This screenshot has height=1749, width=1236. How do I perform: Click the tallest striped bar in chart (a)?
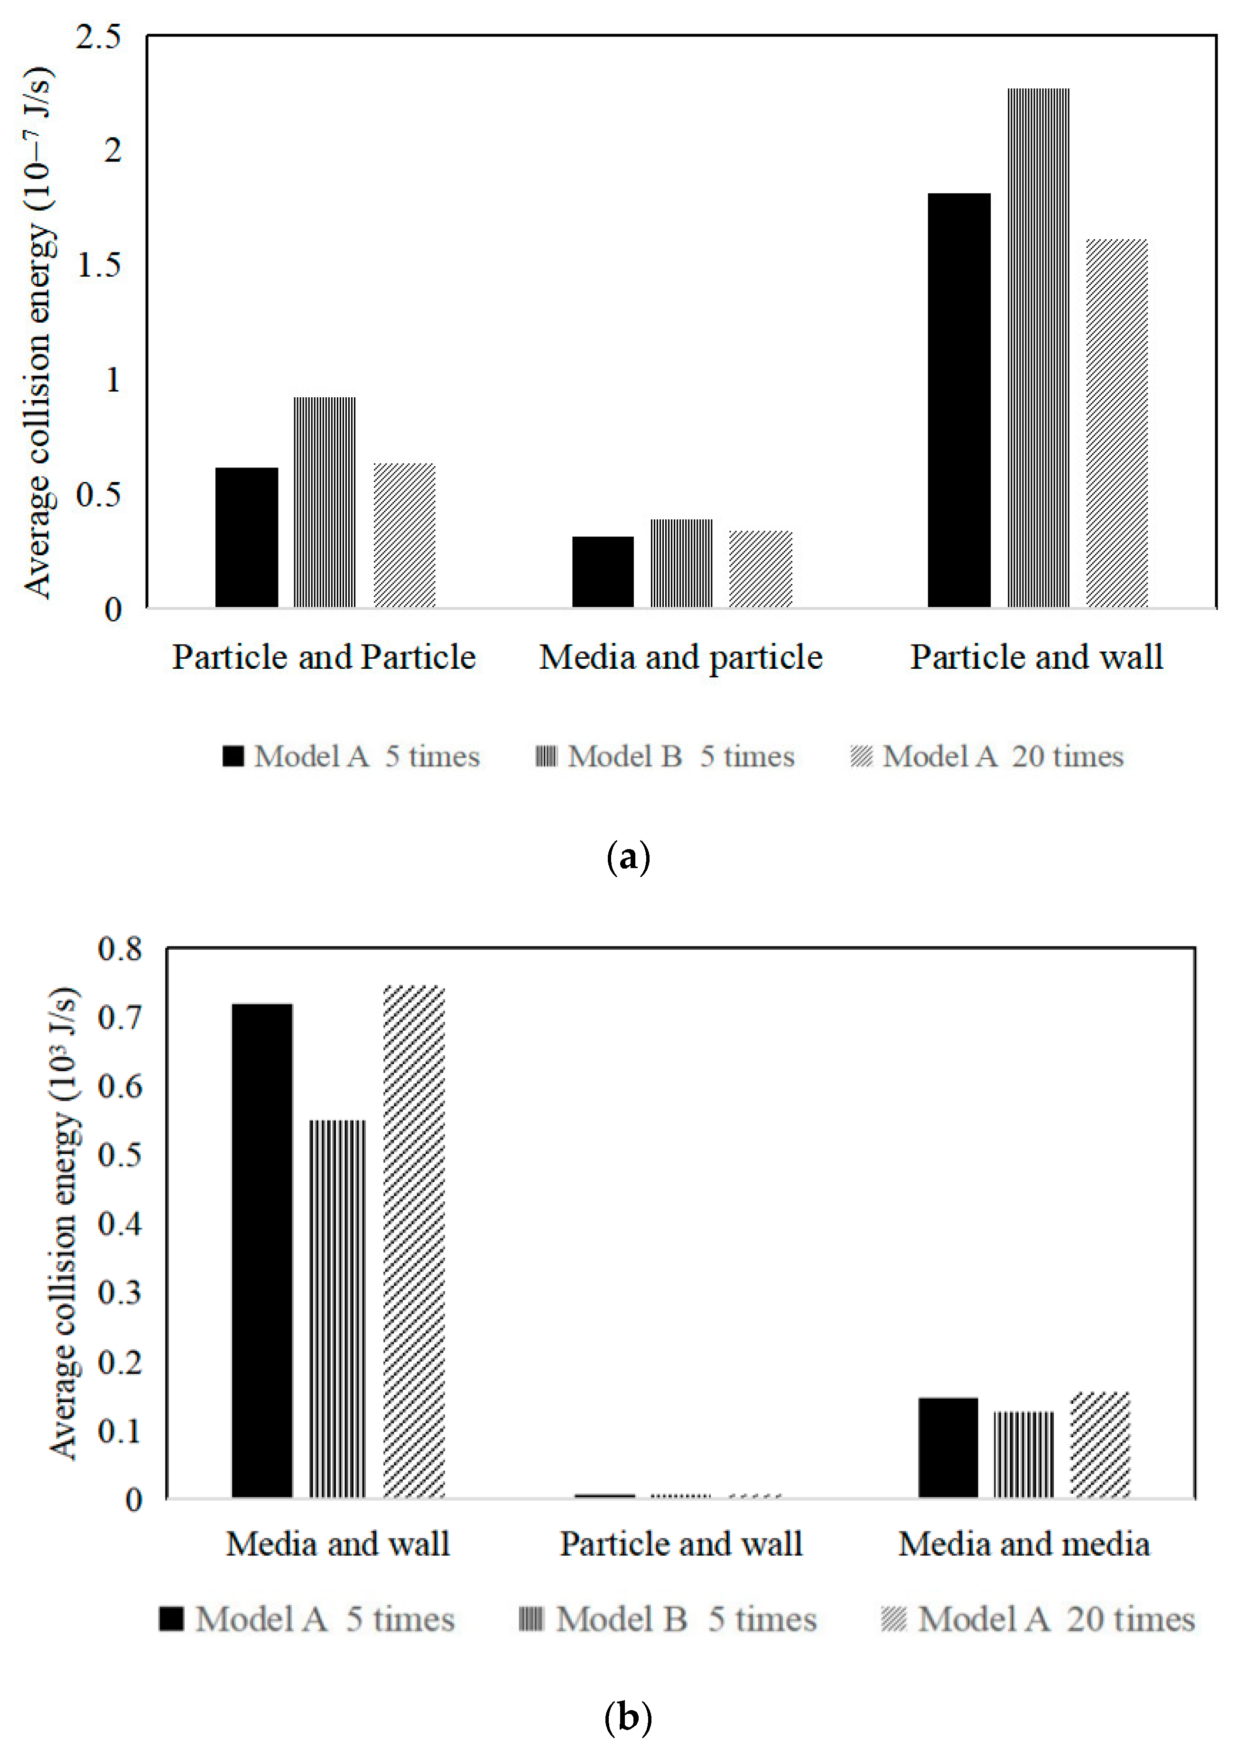tap(1038, 347)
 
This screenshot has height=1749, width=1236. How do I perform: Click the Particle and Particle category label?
tap(324, 656)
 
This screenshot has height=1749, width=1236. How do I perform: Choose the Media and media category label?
tap(1023, 1543)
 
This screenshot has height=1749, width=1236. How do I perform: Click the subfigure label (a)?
tap(628, 858)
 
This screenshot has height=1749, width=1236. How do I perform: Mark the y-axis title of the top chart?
tap(38, 331)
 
